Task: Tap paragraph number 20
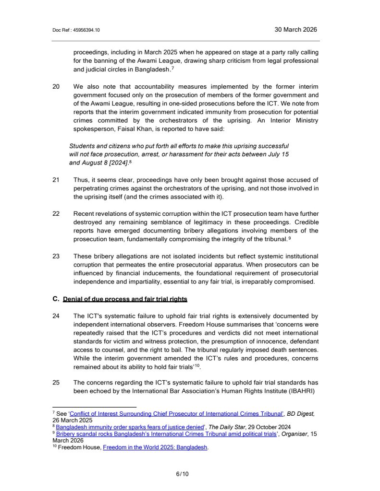tap(56, 87)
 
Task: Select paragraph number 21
tap(56, 180)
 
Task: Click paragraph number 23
tap(56, 256)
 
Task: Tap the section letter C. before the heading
tap(55, 299)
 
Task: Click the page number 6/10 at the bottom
tap(183, 475)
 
